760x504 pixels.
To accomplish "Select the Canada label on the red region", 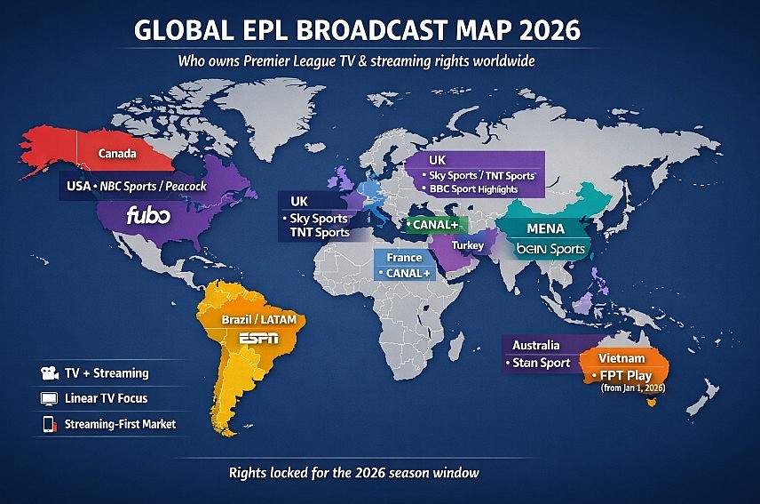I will coord(117,154).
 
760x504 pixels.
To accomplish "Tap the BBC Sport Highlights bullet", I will coord(480,189).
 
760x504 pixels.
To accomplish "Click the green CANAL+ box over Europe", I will coord(432,225).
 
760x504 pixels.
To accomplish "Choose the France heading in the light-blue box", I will coord(404,258).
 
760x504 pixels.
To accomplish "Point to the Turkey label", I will coord(467,244).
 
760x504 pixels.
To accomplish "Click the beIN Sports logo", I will coord(550,249).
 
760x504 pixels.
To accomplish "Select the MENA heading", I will coord(545,228).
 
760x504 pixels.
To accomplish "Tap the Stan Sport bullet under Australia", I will coord(541,363).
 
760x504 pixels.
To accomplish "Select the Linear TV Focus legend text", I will coord(106,398).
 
